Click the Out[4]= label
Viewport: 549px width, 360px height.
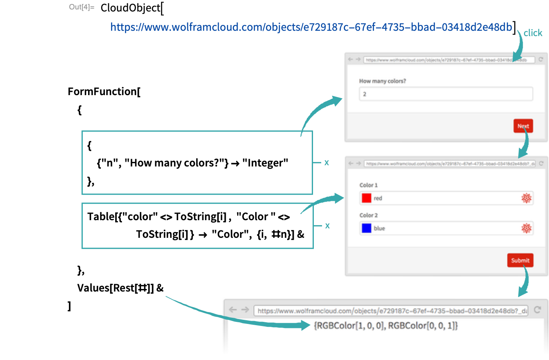click(82, 7)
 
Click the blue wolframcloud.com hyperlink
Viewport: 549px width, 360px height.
click(311, 27)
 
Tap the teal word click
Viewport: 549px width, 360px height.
click(533, 33)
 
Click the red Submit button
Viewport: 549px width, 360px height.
click(520, 260)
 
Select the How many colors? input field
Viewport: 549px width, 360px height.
click(446, 94)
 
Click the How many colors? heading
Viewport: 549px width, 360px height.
click(382, 81)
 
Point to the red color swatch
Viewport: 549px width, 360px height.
click(367, 198)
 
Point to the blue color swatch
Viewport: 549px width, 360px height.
click(367, 228)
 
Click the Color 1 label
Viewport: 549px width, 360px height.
click(368, 185)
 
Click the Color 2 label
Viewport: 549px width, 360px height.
click(368, 215)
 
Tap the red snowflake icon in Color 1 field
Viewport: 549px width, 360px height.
click(526, 198)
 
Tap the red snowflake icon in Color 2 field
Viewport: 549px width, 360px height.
click(526, 228)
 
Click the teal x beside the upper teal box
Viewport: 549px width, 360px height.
click(327, 162)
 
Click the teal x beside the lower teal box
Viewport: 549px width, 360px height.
click(327, 226)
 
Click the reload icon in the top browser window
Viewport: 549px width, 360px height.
click(541, 59)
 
